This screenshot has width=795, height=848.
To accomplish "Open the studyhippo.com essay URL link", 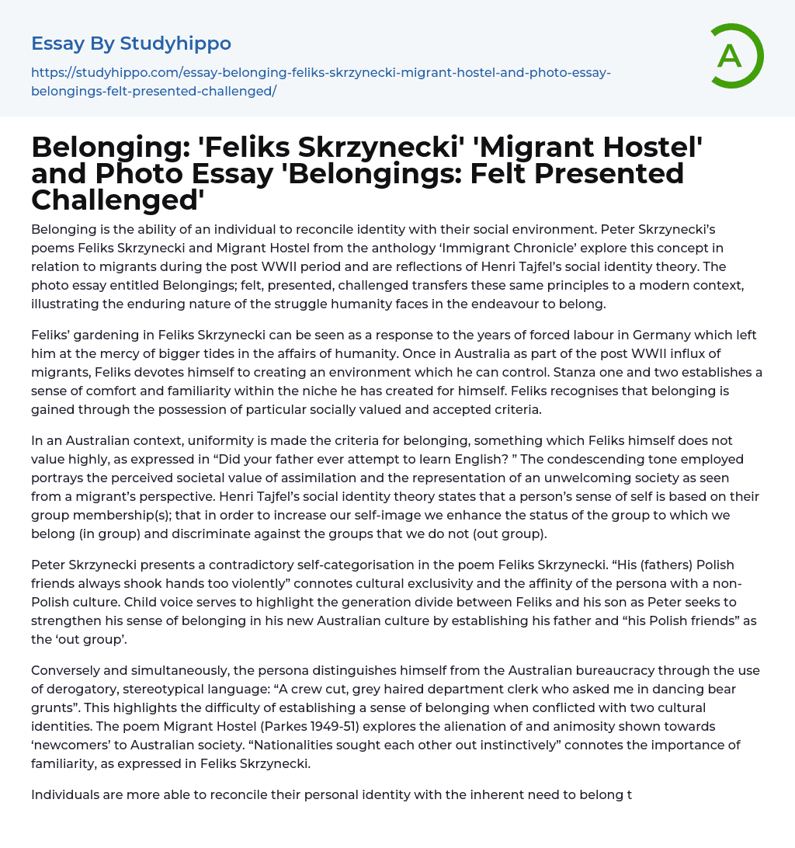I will pos(321,82).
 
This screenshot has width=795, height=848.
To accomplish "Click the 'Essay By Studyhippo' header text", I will pos(131,43).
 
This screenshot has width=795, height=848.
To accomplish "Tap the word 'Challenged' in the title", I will pos(117,200).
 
